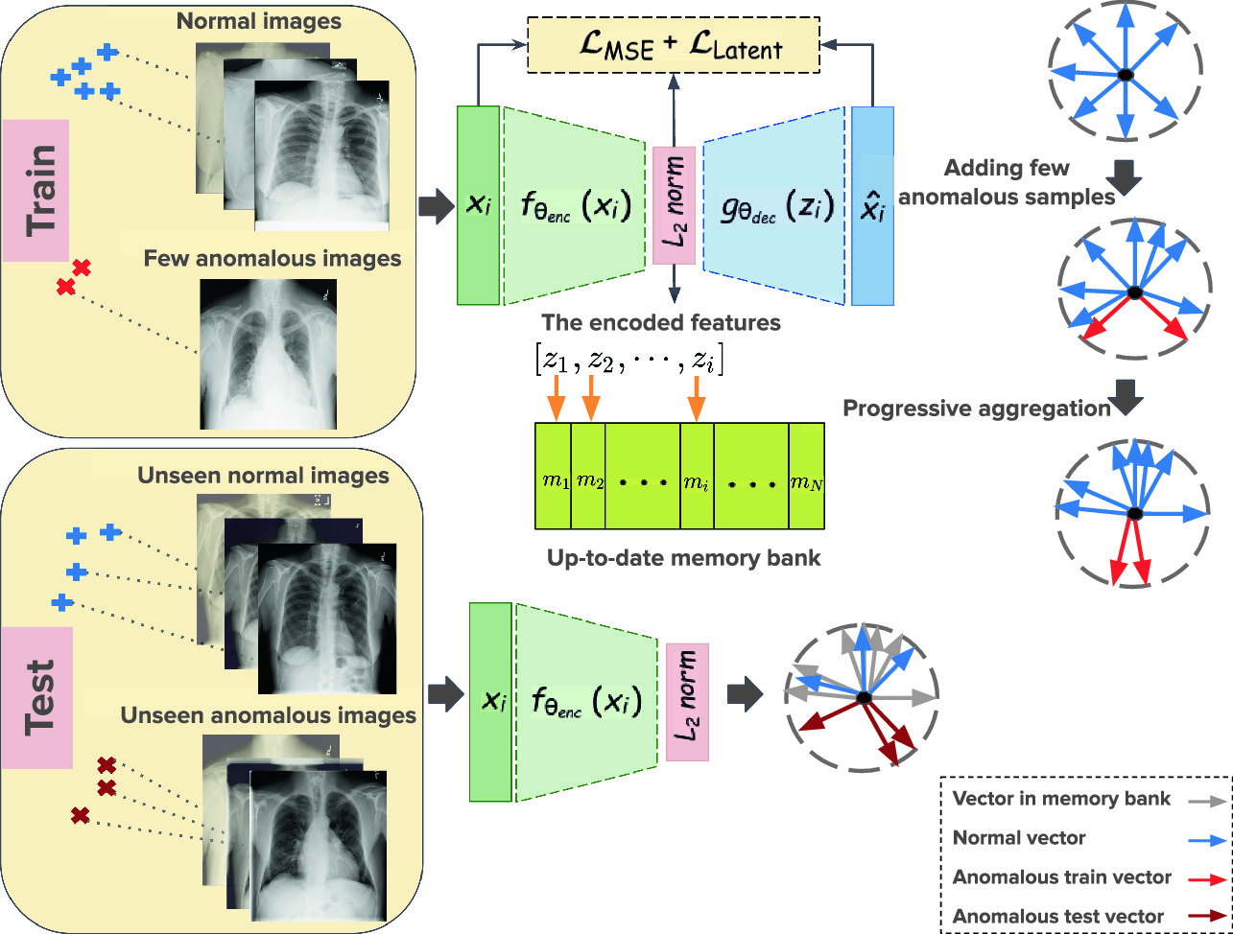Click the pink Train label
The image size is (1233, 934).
(x=36, y=190)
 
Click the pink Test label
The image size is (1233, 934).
(x=37, y=698)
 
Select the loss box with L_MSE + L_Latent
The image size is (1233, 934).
(x=674, y=45)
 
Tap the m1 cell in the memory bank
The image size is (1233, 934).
(x=554, y=476)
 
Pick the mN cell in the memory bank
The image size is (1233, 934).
(x=807, y=476)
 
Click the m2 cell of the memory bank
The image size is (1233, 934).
(x=588, y=476)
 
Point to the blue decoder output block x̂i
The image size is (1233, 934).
(x=872, y=206)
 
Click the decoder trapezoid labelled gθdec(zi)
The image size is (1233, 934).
(x=774, y=206)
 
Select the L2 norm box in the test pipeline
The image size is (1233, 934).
(x=687, y=702)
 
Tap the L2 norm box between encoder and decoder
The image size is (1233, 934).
(x=675, y=205)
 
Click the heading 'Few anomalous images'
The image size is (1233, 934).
(x=273, y=259)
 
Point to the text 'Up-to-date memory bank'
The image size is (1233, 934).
(x=683, y=558)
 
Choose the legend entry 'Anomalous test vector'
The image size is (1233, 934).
(x=1057, y=916)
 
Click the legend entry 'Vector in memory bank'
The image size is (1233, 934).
(x=1061, y=798)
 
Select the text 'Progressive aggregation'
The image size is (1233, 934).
(x=977, y=409)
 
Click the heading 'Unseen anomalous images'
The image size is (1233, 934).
(x=268, y=715)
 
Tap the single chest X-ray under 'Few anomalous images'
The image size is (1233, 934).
(x=269, y=354)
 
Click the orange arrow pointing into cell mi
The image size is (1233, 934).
(x=697, y=399)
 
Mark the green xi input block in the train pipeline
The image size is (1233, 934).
(x=478, y=205)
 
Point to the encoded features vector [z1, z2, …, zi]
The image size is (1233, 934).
(x=629, y=360)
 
